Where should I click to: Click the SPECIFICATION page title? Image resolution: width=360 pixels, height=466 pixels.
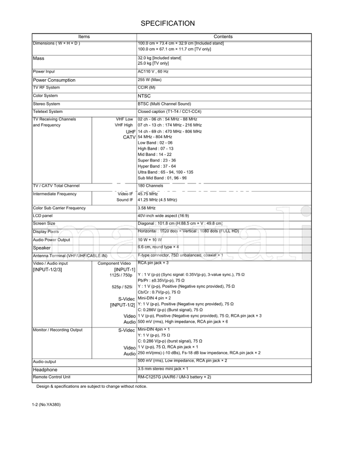click(168, 23)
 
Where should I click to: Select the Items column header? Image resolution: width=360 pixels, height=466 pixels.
click(84, 36)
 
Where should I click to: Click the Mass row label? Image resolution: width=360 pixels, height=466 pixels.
click(39, 58)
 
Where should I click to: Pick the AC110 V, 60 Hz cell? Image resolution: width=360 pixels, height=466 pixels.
click(153, 72)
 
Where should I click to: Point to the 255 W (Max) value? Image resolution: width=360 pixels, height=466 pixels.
click(149, 80)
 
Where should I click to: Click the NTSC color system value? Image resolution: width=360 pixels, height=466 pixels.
click(144, 96)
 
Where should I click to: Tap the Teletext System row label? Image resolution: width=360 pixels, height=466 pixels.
click(48, 112)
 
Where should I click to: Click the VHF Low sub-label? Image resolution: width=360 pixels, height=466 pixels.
click(124, 119)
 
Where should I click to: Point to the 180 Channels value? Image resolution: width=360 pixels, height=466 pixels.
click(150, 185)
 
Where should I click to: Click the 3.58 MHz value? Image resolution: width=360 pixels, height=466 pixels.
click(147, 208)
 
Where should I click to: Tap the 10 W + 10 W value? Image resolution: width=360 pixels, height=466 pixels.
click(149, 240)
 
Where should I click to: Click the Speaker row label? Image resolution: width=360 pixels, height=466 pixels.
click(42, 248)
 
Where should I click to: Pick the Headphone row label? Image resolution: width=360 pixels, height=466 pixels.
click(45, 370)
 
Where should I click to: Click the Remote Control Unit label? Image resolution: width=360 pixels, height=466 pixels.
click(52, 377)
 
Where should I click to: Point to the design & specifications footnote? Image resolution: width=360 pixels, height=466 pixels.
click(92, 386)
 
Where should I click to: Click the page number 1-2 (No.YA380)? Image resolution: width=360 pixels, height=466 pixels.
click(47, 404)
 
